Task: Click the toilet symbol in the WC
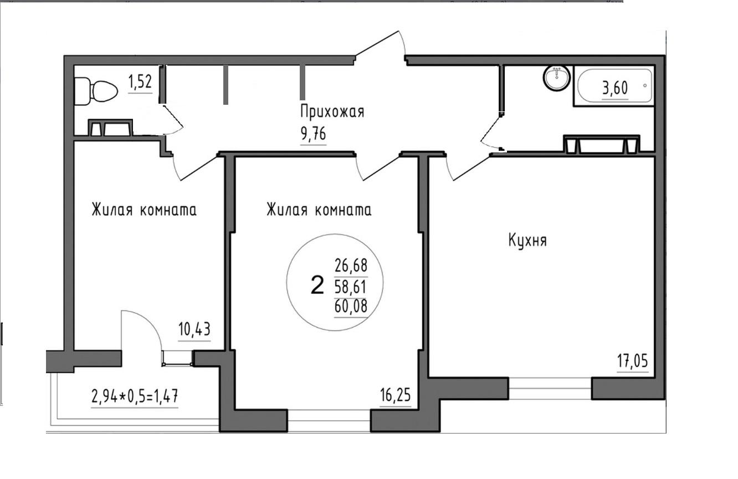(x=96, y=91)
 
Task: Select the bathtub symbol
(x=615, y=85)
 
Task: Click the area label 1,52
(x=140, y=82)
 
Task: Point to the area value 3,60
(x=615, y=88)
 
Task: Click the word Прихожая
(x=332, y=111)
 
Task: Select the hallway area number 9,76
(x=313, y=134)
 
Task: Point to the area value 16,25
(x=396, y=395)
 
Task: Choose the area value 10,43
(x=194, y=329)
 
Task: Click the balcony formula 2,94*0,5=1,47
(x=135, y=396)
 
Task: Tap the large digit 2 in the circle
(x=317, y=285)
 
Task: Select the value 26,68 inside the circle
(x=351, y=266)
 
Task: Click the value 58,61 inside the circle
(x=351, y=287)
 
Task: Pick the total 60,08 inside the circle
(x=351, y=306)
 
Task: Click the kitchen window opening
(x=550, y=389)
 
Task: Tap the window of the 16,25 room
(x=329, y=420)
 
